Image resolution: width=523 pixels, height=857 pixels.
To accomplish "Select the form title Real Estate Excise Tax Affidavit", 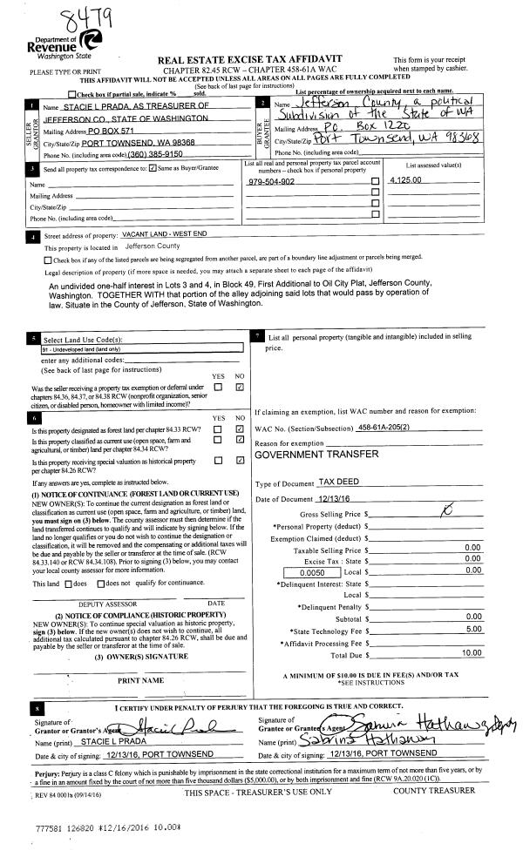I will [x=249, y=58].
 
